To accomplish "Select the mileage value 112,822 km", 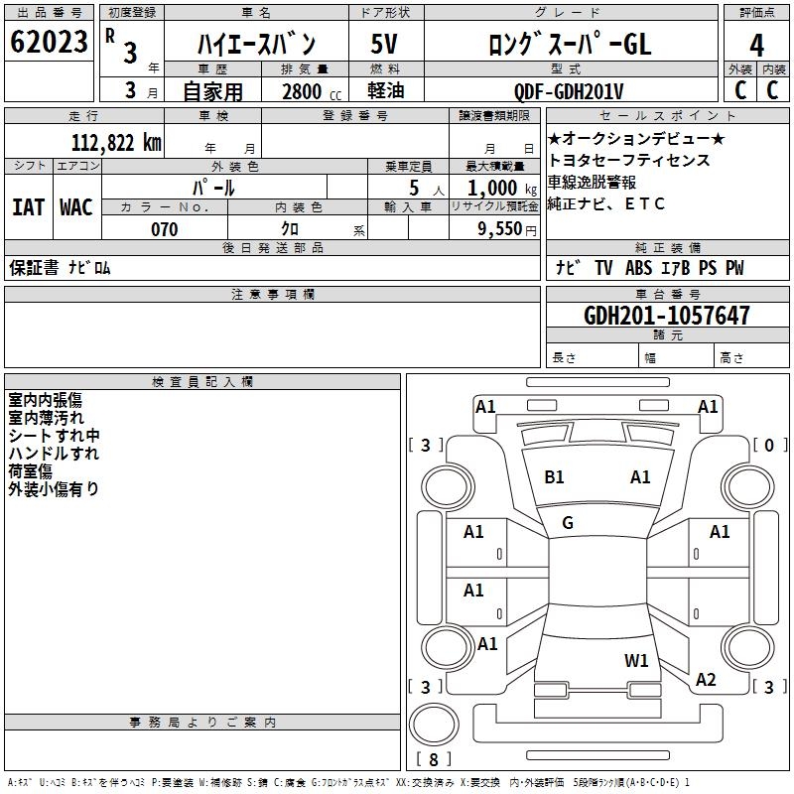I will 116,142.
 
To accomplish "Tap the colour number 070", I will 165,229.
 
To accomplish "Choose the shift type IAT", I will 28,206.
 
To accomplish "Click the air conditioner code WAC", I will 76,206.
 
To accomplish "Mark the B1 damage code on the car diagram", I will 554,477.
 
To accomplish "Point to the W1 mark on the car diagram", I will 636,660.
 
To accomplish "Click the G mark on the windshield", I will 568,522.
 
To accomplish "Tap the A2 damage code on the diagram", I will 706,680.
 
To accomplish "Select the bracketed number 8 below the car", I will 432,760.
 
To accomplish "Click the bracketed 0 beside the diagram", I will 769,445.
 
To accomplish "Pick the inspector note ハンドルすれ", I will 54,454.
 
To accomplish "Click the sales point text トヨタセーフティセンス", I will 629,161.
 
